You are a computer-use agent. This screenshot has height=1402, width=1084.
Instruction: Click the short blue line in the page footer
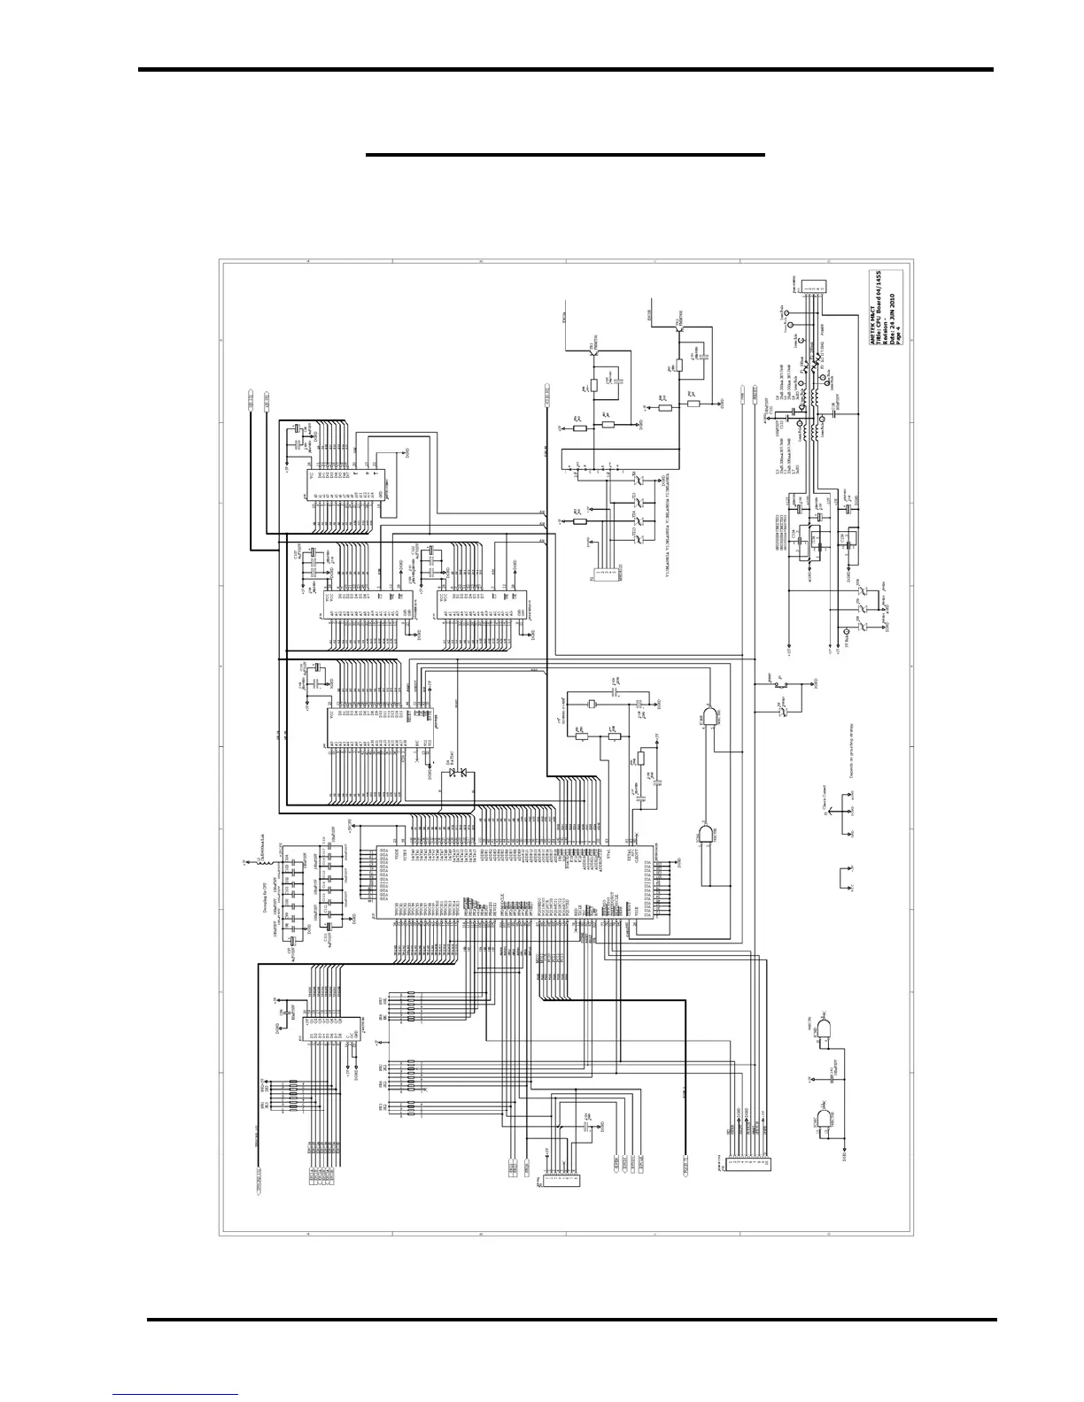click(x=175, y=1394)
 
